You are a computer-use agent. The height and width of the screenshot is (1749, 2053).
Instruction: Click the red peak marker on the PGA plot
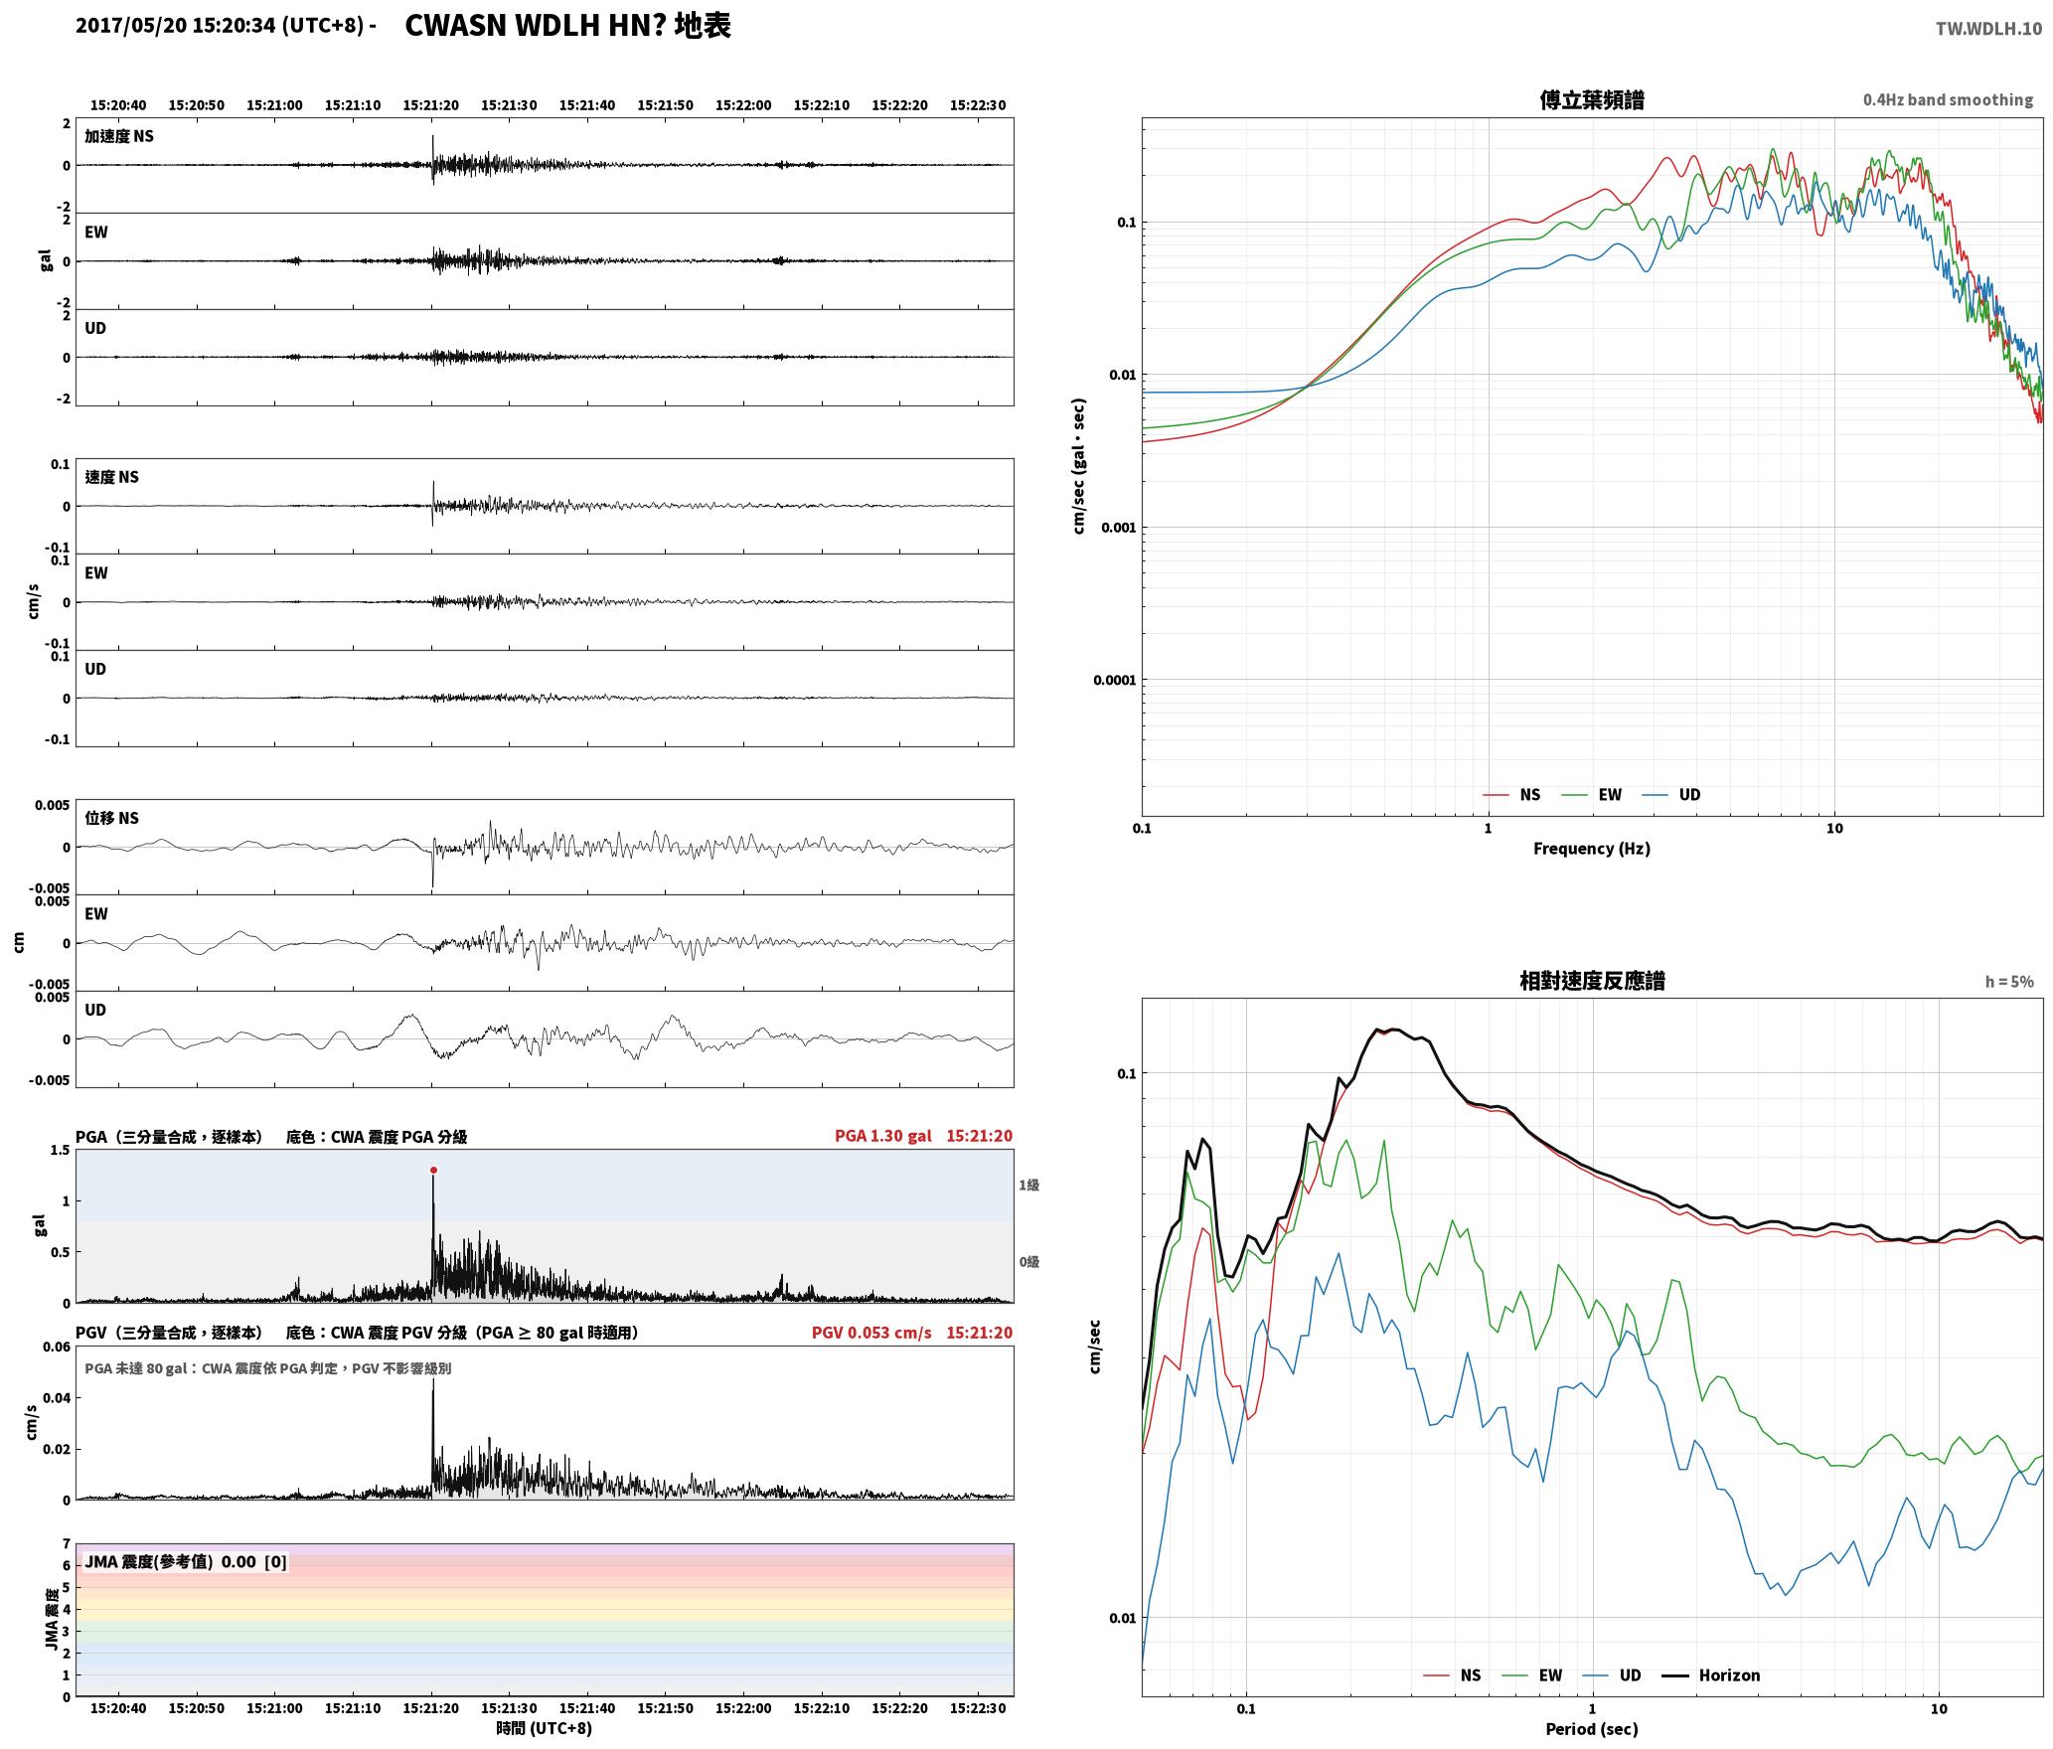point(433,1171)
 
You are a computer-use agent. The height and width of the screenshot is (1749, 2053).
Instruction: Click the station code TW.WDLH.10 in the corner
point(1988,29)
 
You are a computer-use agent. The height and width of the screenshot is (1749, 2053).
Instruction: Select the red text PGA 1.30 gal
point(883,1136)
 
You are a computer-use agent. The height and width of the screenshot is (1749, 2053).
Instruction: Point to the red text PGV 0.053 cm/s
point(871,1333)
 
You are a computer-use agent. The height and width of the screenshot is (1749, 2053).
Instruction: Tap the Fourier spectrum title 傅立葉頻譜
point(1592,100)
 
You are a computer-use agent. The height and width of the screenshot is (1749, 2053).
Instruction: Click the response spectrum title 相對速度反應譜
point(1592,981)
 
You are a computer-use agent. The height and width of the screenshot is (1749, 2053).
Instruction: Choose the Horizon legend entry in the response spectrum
point(1712,1675)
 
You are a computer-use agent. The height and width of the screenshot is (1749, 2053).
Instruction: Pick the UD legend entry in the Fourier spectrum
point(1671,795)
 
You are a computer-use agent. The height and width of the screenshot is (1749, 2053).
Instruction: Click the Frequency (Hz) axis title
point(1592,849)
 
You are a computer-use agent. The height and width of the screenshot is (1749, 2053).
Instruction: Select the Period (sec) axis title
point(1592,1730)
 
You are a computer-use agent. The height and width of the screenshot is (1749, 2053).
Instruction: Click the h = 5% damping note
point(2009,982)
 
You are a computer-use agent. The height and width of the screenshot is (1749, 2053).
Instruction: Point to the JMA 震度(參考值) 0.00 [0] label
point(186,1562)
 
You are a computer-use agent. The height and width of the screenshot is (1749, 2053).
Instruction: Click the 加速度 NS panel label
point(119,136)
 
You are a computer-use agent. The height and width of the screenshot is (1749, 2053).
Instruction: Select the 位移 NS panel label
point(112,818)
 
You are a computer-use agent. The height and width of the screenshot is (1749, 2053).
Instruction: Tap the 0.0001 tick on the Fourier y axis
point(1114,681)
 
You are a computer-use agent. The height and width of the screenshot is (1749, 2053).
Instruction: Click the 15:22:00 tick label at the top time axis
point(743,105)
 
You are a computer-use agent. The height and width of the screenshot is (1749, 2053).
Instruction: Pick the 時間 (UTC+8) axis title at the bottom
point(545,1728)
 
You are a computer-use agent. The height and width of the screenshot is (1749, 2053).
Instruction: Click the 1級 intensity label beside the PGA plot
point(1028,1185)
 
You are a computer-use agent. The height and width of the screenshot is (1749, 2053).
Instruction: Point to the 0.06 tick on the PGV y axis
point(57,1348)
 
